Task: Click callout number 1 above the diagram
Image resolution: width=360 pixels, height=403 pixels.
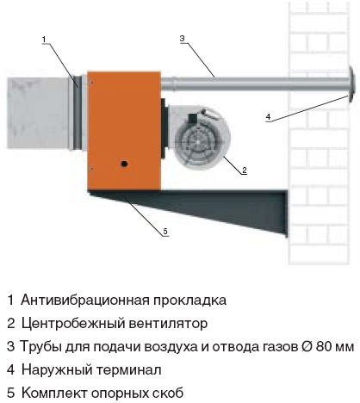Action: click(44, 40)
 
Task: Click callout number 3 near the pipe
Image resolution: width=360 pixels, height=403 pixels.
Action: click(183, 39)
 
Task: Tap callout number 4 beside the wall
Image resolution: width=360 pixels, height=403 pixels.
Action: click(268, 117)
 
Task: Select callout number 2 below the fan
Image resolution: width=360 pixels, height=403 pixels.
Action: click(245, 170)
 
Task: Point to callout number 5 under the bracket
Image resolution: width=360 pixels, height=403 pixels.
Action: click(165, 232)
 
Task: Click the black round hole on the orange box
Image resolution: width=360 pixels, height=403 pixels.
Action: click(124, 164)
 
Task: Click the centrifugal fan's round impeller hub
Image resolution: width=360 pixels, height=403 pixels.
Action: click(197, 141)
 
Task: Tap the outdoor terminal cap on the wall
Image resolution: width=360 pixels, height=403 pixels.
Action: click(351, 84)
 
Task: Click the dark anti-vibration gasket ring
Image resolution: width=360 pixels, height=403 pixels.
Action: click(77, 113)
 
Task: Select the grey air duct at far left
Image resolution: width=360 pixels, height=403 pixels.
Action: click(38, 113)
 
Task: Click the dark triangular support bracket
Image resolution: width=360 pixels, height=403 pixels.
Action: click(201, 207)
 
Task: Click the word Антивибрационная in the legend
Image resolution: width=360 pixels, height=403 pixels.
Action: click(85, 301)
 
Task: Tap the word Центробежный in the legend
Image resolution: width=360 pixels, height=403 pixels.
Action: click(73, 324)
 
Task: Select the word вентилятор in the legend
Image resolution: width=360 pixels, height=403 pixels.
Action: click(168, 324)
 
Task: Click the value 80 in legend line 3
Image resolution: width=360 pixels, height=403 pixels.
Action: click(324, 347)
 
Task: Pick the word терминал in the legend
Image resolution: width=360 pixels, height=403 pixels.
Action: click(128, 370)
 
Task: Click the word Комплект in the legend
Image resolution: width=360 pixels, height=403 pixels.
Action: click(54, 394)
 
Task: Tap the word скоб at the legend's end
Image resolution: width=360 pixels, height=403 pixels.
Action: click(170, 394)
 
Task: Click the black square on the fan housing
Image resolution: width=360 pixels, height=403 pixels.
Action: click(192, 118)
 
